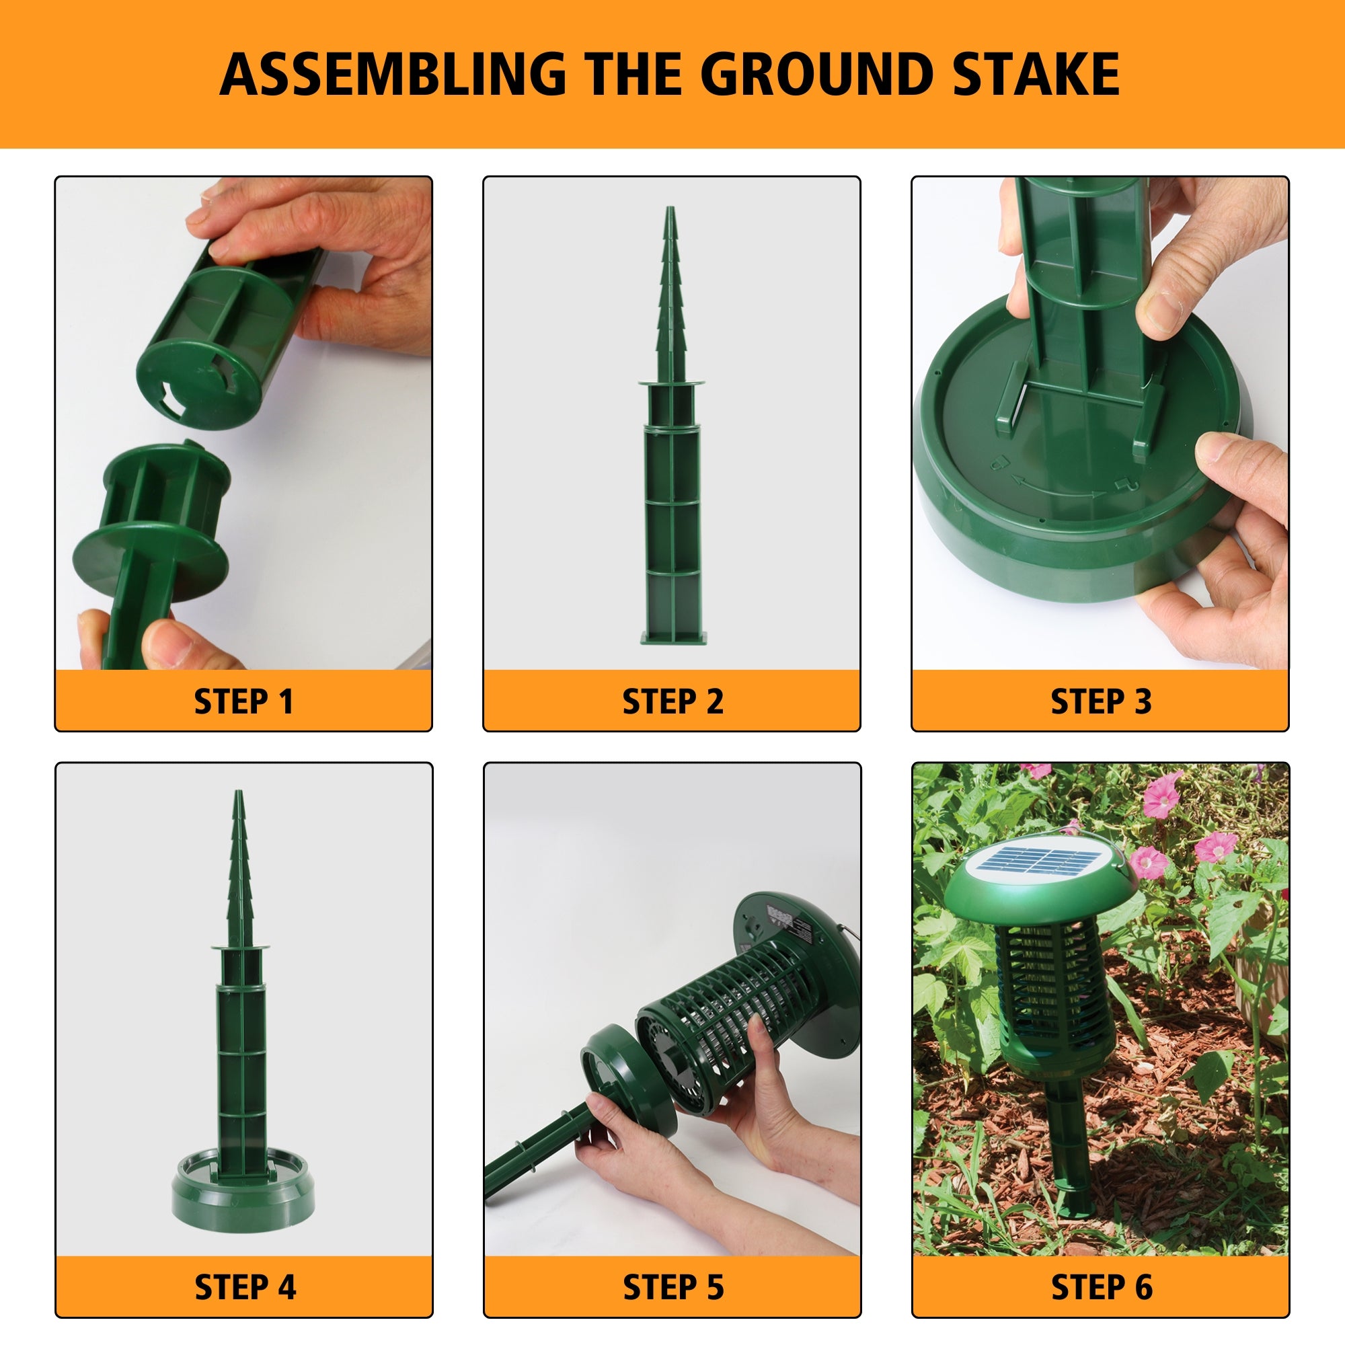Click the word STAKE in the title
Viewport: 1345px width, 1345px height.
pos(1036,75)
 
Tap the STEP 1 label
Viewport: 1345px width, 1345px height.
pos(243,701)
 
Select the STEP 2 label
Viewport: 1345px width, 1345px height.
pos(672,701)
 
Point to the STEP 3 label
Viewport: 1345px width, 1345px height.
pos(1101,701)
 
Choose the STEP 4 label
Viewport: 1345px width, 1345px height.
pos(245,1286)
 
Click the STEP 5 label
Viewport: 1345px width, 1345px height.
pos(673,1286)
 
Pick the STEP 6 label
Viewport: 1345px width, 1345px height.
pos(1102,1286)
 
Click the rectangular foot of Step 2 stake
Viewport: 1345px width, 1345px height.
pos(672,636)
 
